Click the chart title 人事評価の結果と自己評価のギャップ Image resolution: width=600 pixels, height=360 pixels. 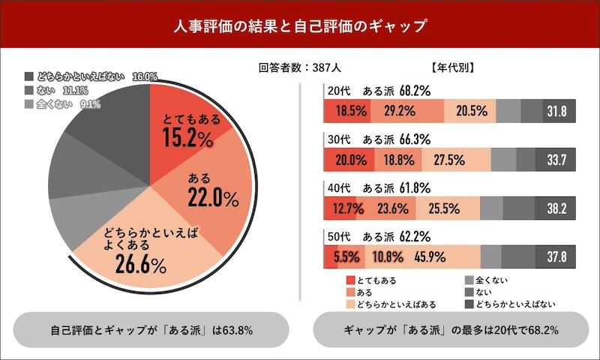coord(300,26)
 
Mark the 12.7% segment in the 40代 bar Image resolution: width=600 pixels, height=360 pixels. coord(337,208)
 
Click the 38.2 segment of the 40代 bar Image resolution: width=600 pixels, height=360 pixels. coord(555,208)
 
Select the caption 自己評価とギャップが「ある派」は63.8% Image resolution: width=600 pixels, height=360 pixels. coord(152,330)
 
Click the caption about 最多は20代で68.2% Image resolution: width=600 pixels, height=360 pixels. coord(451,330)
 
